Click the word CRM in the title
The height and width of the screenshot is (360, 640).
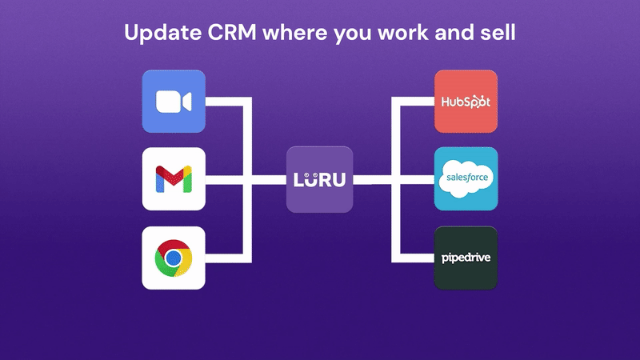point(231,32)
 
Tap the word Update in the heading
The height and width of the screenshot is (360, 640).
point(163,33)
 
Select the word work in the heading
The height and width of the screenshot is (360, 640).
point(403,32)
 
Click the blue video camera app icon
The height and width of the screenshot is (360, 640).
point(174,102)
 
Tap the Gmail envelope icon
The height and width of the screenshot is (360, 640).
point(174,178)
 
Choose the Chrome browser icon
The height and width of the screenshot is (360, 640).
point(174,258)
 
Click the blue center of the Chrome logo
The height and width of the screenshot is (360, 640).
point(174,258)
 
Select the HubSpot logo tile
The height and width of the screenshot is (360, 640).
point(466,102)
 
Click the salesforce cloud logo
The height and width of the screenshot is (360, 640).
point(466,178)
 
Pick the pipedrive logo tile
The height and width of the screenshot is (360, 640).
point(466,258)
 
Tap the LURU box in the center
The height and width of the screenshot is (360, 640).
point(319,179)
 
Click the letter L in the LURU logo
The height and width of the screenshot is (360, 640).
point(298,180)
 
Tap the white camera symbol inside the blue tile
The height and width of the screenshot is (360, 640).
point(174,102)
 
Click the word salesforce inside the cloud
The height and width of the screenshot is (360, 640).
point(467,178)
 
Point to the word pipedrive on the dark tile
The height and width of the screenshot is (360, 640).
point(466,258)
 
